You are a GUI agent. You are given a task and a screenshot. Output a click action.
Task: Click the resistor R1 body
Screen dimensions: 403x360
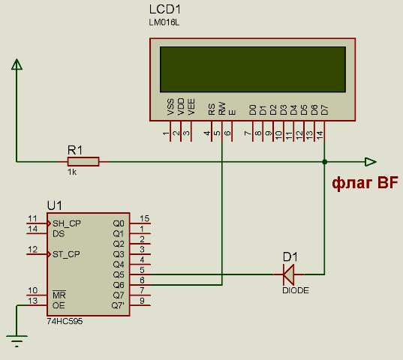click(x=83, y=162)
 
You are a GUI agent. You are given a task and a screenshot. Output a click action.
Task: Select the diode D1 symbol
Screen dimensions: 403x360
click(x=289, y=274)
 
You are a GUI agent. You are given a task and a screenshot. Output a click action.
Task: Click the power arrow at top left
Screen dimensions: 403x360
click(x=17, y=64)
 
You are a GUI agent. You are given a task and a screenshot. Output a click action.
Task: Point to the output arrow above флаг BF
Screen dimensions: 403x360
click(x=371, y=162)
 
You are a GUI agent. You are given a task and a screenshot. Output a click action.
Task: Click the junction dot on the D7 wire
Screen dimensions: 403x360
click(x=325, y=162)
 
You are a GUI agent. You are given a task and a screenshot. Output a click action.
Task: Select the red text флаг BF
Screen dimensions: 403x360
click(x=365, y=183)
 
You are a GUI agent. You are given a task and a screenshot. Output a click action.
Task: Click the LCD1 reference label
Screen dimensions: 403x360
click(x=165, y=10)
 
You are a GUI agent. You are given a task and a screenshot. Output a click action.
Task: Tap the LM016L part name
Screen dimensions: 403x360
click(x=164, y=22)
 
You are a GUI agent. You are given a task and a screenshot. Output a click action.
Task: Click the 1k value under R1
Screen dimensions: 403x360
click(x=72, y=172)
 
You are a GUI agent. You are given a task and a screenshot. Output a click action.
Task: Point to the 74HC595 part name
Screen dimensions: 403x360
click(x=65, y=321)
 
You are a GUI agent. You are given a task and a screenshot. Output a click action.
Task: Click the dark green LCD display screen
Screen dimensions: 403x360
click(x=253, y=69)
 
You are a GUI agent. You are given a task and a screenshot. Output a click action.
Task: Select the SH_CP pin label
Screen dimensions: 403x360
click(x=67, y=223)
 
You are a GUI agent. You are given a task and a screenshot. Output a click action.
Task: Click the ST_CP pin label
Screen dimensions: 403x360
click(x=66, y=254)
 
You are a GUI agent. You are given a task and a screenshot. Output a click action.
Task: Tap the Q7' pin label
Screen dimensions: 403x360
click(x=118, y=305)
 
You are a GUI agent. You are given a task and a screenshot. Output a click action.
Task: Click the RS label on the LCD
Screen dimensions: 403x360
click(x=212, y=109)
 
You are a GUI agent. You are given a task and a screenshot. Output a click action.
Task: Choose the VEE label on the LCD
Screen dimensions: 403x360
click(x=191, y=106)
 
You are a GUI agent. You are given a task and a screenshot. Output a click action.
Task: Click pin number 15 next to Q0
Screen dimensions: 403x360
click(x=144, y=218)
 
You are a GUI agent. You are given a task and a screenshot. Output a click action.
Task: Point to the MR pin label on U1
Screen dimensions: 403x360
click(x=59, y=295)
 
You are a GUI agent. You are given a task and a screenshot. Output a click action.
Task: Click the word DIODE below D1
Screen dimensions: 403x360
click(x=296, y=290)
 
